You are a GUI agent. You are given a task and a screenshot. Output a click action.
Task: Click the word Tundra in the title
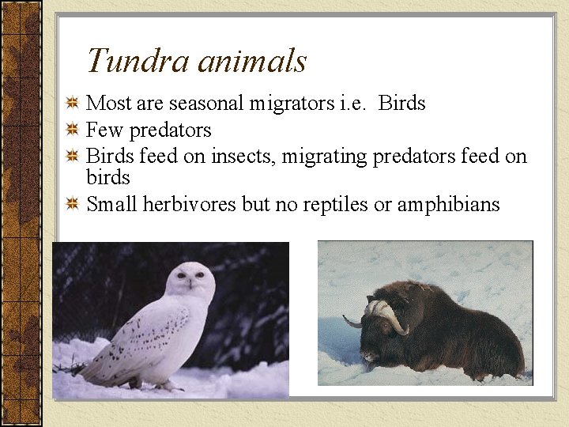[130, 61]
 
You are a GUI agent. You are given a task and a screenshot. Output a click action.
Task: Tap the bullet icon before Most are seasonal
[72, 104]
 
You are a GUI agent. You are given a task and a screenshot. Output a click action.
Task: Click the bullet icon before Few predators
[72, 130]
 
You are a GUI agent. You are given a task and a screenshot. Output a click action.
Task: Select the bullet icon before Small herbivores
[72, 205]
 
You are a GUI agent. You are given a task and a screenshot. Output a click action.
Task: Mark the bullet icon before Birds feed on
[72, 157]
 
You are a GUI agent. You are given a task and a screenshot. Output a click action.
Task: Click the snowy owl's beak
[190, 283]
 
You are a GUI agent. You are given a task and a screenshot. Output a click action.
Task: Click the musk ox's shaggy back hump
[443, 300]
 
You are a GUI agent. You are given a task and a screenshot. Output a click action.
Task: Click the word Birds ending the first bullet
[402, 104]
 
